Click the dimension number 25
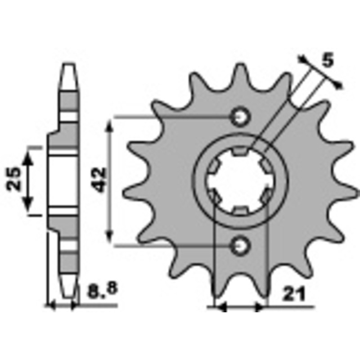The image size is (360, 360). (x=13, y=179)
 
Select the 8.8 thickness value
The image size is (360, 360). (x=103, y=290)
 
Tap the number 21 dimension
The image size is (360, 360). (x=294, y=294)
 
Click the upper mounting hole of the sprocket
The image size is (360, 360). (x=240, y=117)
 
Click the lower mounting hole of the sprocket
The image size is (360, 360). (x=240, y=246)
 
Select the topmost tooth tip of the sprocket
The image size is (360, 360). (x=240, y=64)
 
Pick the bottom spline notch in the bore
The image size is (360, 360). (x=240, y=210)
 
